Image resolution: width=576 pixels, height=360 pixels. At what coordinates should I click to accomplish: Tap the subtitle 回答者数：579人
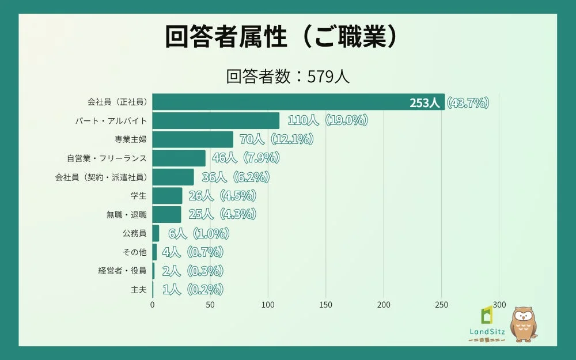click(x=287, y=77)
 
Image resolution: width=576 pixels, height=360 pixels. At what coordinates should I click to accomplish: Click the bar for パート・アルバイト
click(x=216, y=121)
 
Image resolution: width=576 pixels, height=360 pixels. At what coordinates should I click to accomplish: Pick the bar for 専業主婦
click(x=193, y=139)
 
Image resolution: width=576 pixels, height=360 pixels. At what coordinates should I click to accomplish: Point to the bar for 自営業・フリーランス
click(x=179, y=158)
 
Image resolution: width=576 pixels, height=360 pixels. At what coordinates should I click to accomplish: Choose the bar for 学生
click(x=168, y=195)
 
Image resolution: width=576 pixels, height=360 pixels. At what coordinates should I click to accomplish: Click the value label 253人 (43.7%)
click(x=449, y=103)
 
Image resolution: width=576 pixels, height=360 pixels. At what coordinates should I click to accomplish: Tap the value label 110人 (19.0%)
click(x=327, y=121)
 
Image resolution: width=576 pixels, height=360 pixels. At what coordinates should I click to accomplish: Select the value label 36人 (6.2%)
click(x=236, y=177)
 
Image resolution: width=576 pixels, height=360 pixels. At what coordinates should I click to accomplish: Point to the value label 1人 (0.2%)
click(x=192, y=289)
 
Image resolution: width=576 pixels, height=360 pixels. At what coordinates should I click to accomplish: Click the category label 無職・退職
click(x=127, y=214)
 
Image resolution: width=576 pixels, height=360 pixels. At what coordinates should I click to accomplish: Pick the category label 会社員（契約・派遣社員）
click(x=101, y=177)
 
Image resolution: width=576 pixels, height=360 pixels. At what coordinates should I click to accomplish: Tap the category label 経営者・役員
click(x=122, y=270)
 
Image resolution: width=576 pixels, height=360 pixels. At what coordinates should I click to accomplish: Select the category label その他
click(x=135, y=252)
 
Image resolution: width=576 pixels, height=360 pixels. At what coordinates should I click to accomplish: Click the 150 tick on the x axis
click(x=326, y=305)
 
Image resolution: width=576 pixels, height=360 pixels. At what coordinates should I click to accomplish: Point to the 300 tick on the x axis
click(x=499, y=305)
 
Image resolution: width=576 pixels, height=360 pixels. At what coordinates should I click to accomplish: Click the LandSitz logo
click(x=487, y=325)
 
